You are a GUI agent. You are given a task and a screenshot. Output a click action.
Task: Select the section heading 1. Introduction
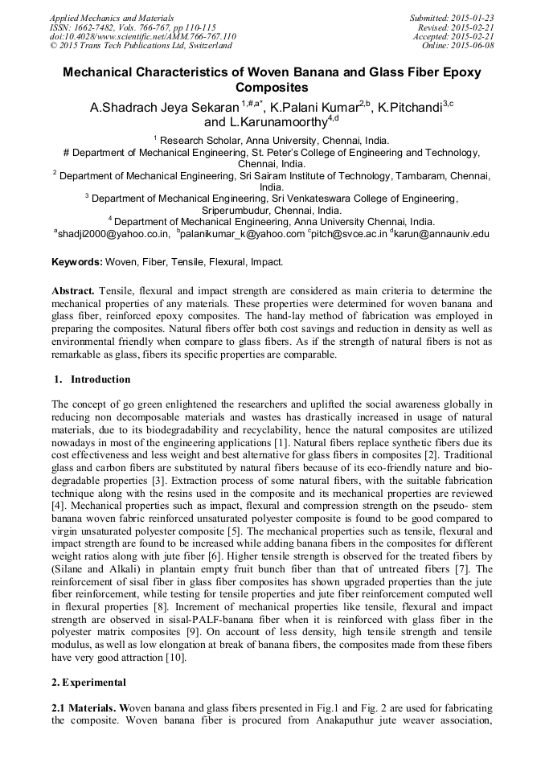[x=91, y=379]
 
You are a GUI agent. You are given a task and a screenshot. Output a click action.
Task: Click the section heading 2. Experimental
[x=88, y=683]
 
